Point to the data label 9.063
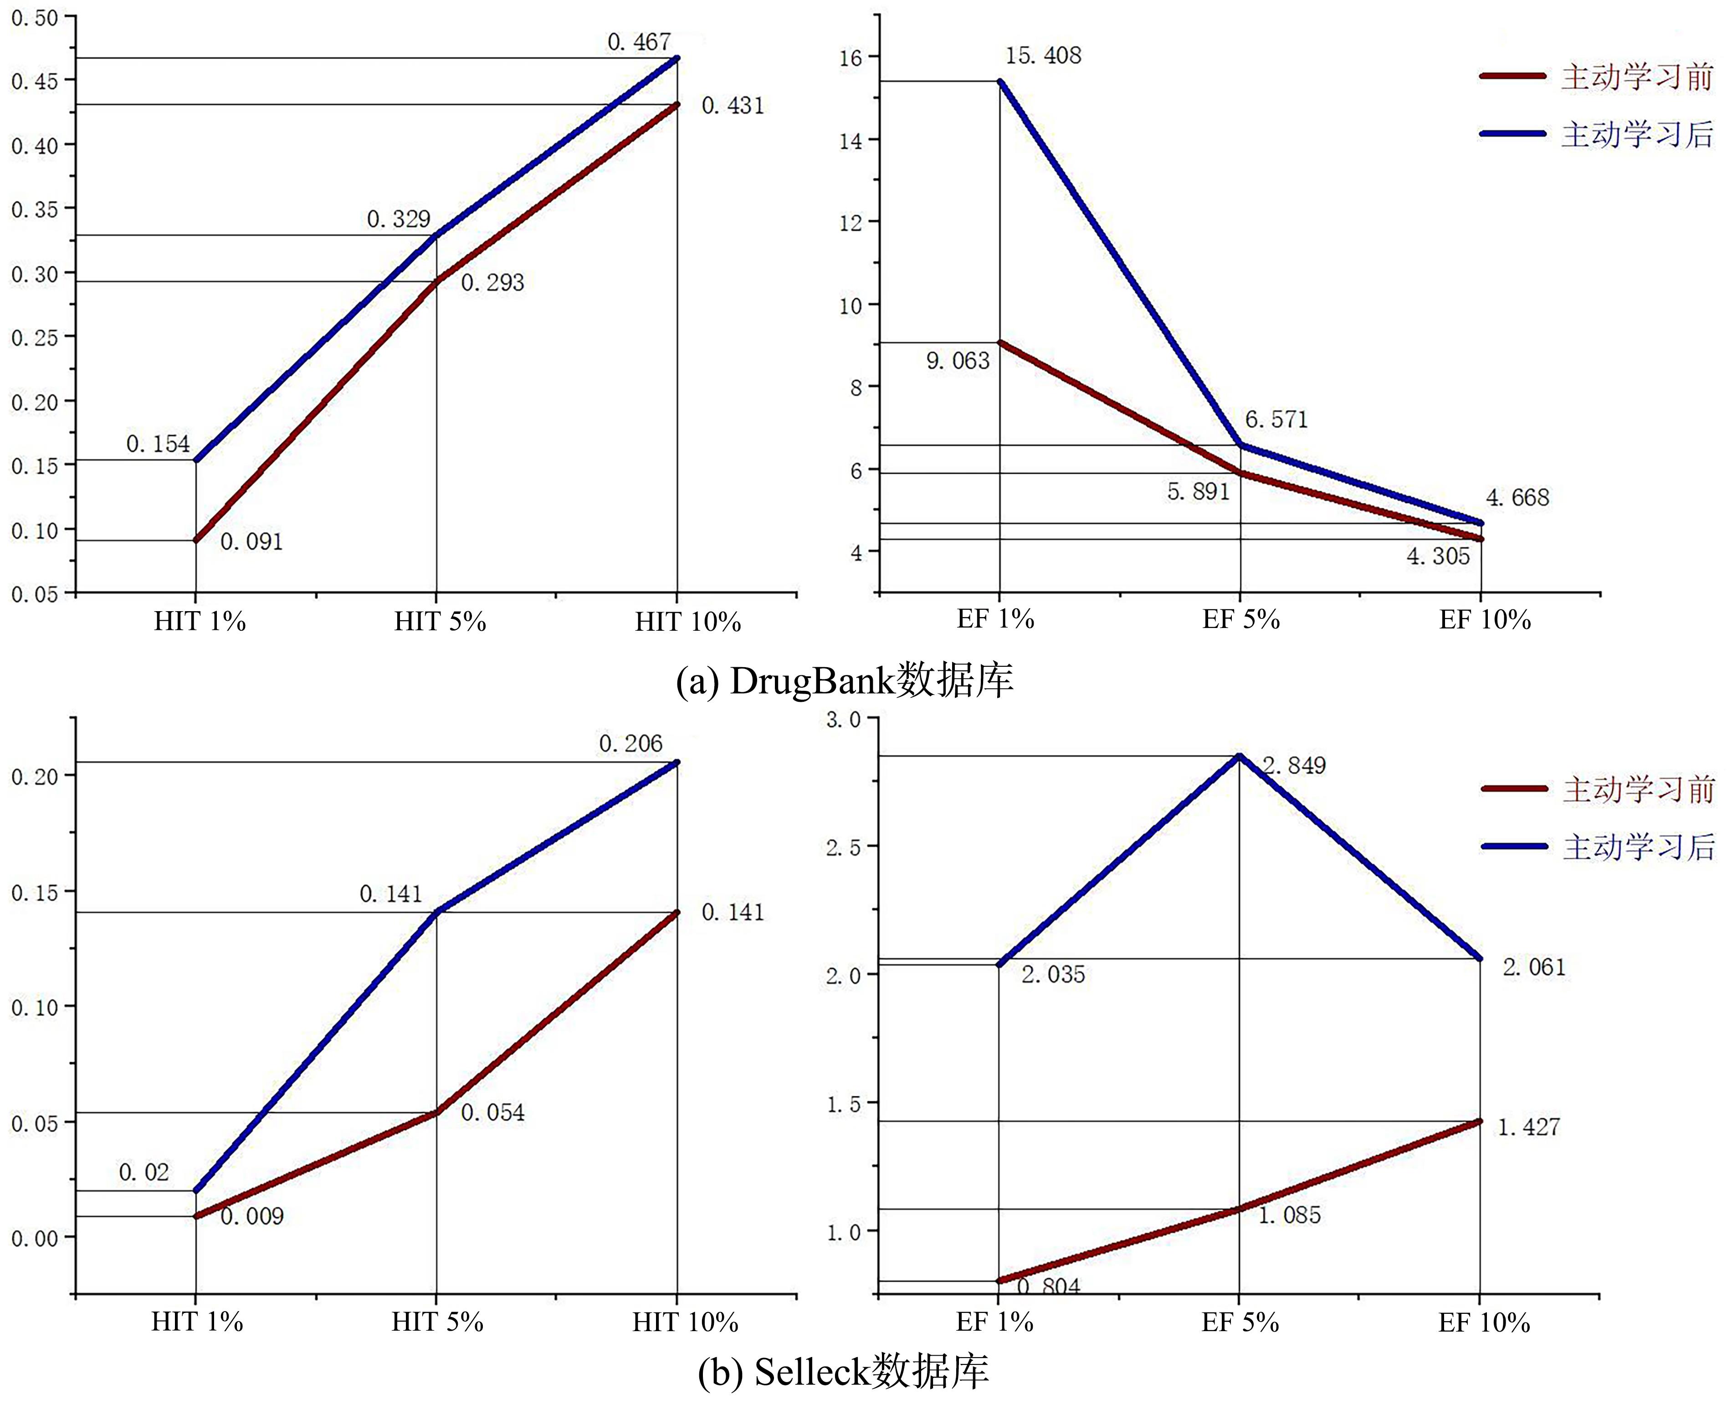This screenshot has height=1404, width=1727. coord(958,361)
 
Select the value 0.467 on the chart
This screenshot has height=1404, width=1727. coord(639,42)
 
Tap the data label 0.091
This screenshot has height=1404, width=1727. coord(251,542)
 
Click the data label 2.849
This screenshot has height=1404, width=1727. coord(1294,765)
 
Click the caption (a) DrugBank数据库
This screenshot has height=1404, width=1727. coord(845,681)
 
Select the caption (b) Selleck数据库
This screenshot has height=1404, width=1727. coord(843,1372)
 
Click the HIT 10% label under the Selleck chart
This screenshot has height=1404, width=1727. coord(685,1322)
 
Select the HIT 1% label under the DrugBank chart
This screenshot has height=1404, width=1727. coord(200,621)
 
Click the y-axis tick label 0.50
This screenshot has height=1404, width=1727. coord(35,18)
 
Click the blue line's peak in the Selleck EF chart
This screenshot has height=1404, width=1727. coord(1239,756)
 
